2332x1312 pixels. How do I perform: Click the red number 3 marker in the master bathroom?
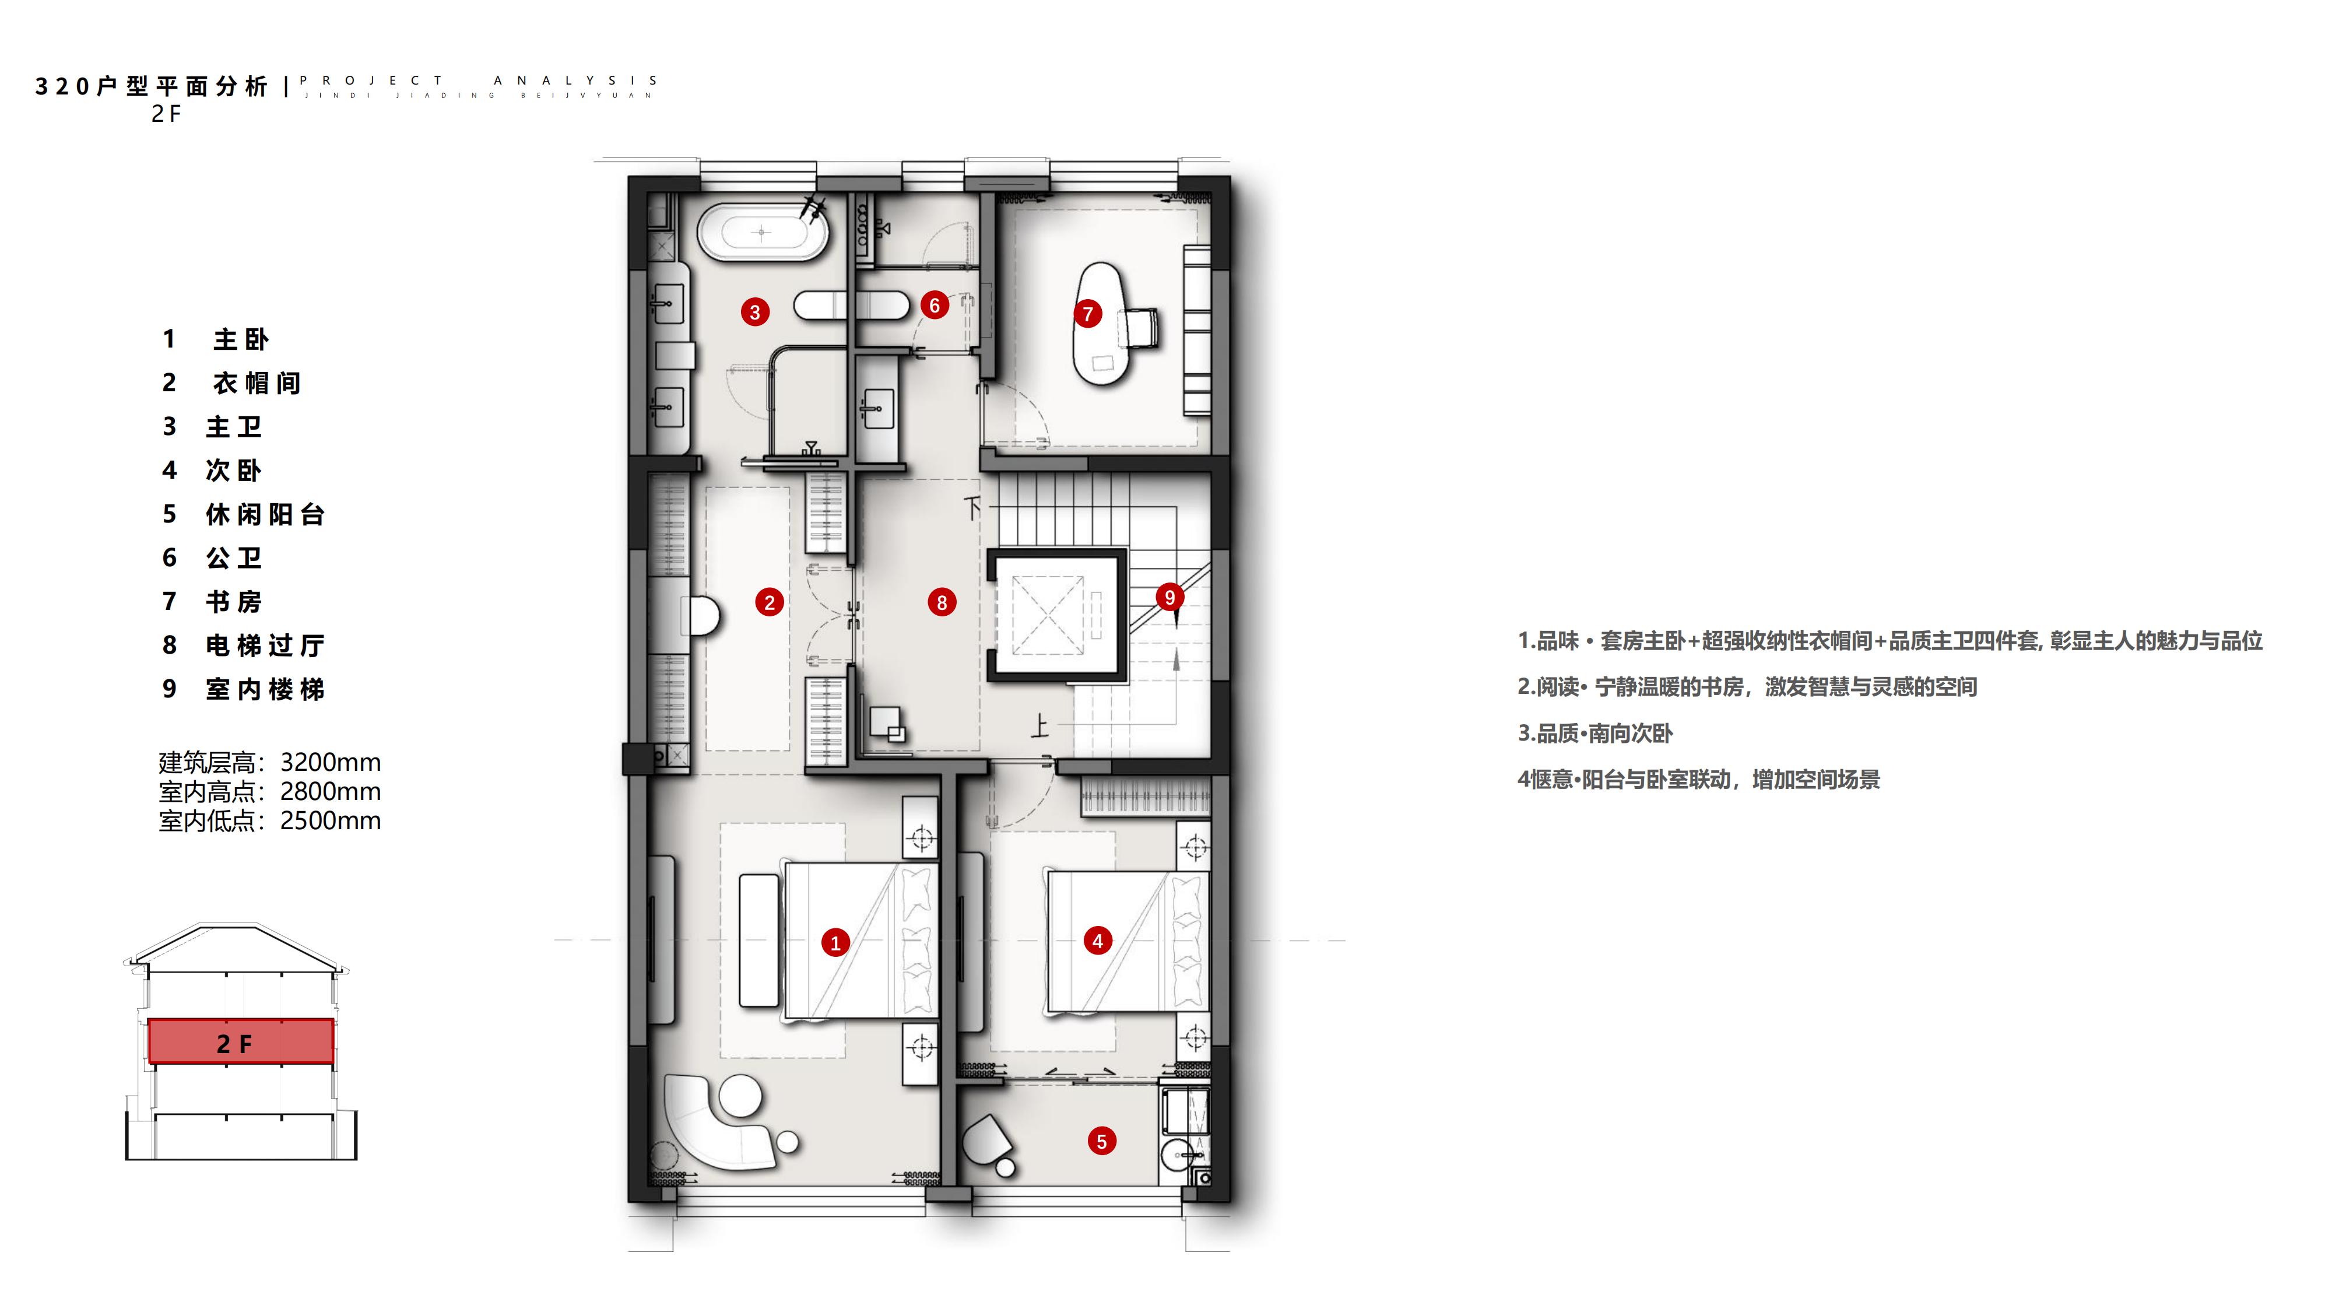755,313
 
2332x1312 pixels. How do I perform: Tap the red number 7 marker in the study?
1088,314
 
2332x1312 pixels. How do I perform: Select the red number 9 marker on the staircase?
1169,598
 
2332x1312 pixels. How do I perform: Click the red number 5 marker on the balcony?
1102,1141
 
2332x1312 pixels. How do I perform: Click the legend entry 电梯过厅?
264,645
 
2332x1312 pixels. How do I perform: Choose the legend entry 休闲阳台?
264,514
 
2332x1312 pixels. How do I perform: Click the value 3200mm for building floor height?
331,762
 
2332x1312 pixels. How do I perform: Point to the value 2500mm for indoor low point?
331,820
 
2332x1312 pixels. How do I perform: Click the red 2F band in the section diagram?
241,1041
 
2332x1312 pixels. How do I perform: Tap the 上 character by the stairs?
1039,726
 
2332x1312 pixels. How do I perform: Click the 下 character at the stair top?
973,508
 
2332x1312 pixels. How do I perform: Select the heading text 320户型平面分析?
152,86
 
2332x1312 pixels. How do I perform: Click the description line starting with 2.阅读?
1747,687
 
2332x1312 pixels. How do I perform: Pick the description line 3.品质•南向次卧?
1595,734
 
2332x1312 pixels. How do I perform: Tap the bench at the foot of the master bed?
758,940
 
